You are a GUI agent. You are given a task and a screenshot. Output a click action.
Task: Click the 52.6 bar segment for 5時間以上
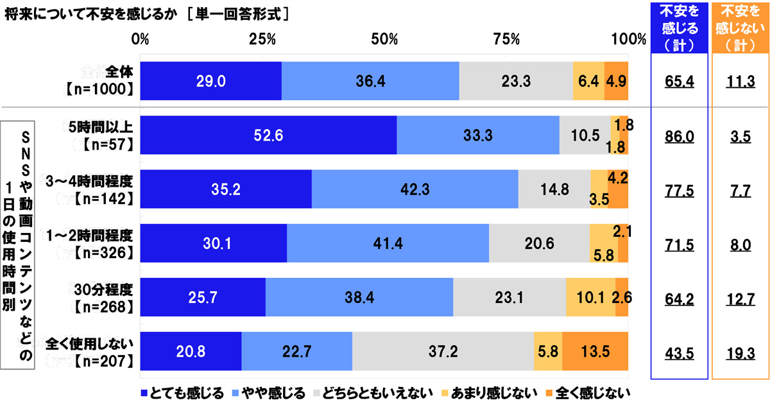(x=268, y=135)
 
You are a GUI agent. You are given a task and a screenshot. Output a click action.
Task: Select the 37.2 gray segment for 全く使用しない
(x=443, y=351)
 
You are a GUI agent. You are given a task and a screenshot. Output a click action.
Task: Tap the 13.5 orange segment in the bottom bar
(x=595, y=351)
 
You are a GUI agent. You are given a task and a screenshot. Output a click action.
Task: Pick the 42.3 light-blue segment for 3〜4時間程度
(x=415, y=189)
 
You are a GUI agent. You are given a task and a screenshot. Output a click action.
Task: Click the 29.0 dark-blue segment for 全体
(x=210, y=82)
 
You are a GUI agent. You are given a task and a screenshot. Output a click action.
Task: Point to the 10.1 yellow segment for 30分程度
(x=590, y=297)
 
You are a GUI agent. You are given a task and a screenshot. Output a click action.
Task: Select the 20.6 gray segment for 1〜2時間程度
(x=539, y=243)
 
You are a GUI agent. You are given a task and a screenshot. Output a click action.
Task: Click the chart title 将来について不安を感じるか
(x=90, y=14)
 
